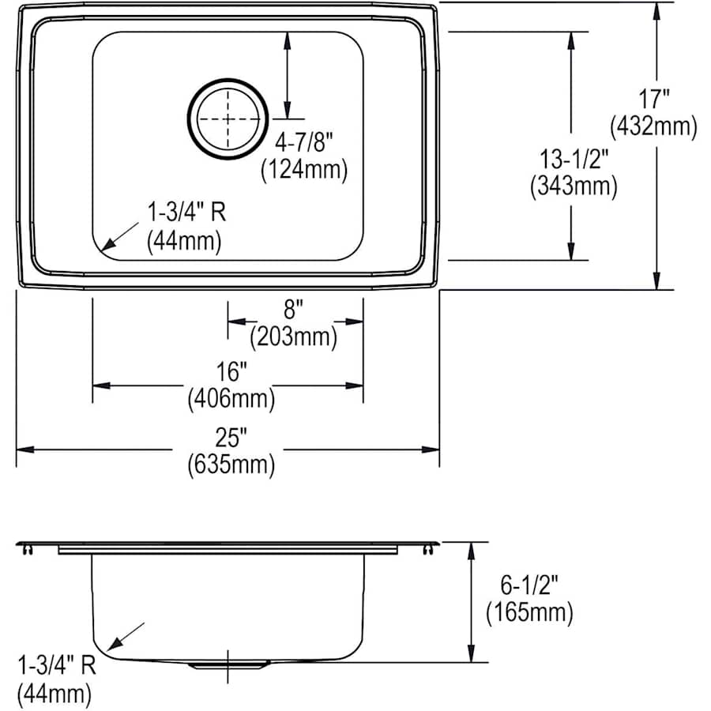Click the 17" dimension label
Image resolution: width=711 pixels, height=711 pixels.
pos(653,100)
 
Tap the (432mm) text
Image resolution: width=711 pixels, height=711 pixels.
pos(653,126)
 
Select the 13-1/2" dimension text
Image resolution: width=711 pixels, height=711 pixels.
pos(574,159)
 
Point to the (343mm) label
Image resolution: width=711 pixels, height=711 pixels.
pos(574,186)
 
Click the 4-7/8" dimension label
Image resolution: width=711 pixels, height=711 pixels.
pos(304,142)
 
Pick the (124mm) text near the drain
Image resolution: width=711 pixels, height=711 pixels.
pos(304,170)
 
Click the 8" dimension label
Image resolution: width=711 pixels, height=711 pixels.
pos(293,310)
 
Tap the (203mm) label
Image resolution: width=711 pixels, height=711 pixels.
pos(293,337)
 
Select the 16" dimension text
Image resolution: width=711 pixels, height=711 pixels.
pos(231,372)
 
